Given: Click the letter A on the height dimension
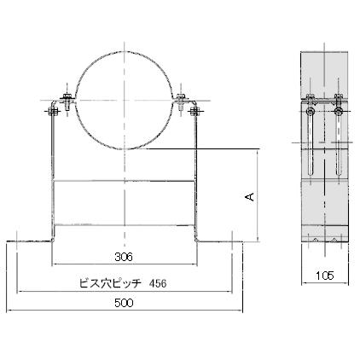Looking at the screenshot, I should pyautogui.click(x=249, y=196).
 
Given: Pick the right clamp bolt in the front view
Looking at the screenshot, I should pyautogui.click(x=183, y=104).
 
